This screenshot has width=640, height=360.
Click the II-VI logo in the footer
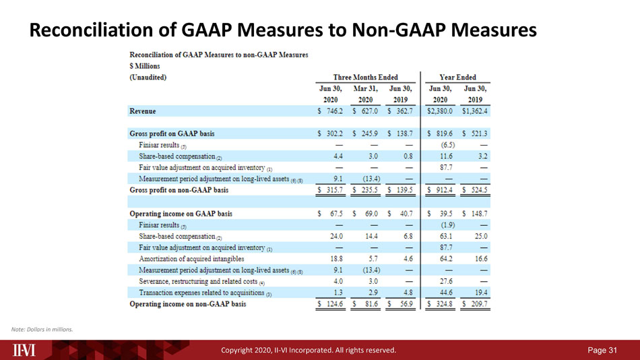pyautogui.click(x=24, y=350)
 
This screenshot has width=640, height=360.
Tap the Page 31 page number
pyautogui.click(x=602, y=350)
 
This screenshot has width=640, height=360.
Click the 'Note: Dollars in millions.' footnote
pyautogui.click(x=42, y=330)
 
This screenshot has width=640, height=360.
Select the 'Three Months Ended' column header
pyautogui.click(x=365, y=78)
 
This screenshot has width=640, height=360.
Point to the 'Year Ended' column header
pyautogui.click(x=457, y=78)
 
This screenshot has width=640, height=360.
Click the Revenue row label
pyautogui.click(x=142, y=111)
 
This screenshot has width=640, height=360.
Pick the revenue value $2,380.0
pyautogui.click(x=440, y=111)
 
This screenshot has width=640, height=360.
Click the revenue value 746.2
pyautogui.click(x=335, y=111)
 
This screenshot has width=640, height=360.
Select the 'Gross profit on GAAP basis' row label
pyautogui.click(x=172, y=133)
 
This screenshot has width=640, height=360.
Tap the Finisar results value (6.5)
pyautogui.click(x=448, y=145)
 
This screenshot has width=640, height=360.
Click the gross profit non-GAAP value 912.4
pyautogui.click(x=444, y=190)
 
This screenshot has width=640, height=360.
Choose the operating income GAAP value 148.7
pyautogui.click(x=479, y=214)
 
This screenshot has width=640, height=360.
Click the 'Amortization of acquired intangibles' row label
pyautogui.click(x=191, y=259)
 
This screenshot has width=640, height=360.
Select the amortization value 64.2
pyautogui.click(x=446, y=259)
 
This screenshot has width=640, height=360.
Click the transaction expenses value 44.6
pyautogui.click(x=446, y=293)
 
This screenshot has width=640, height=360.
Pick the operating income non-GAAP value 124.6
pyautogui.click(x=335, y=304)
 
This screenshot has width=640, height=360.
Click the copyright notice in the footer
pyautogui.click(x=309, y=350)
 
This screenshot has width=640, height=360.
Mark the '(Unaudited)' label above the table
pyautogui.click(x=148, y=78)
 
